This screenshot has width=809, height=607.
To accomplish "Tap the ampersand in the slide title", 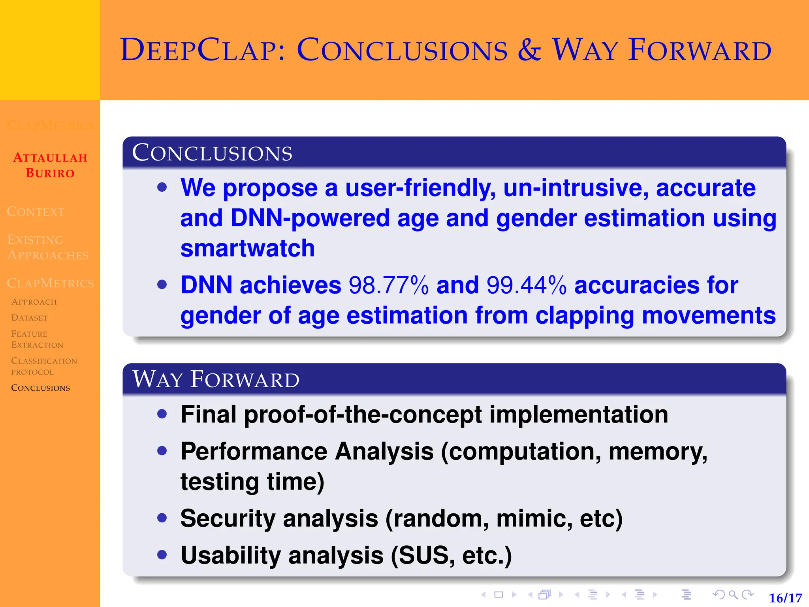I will click(529, 50).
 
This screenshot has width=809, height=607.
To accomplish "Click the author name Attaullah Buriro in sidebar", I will click(50, 165).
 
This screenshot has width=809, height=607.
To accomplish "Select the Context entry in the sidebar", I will click(36, 212).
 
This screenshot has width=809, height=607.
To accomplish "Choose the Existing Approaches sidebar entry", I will click(48, 247).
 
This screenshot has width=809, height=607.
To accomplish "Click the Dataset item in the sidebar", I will click(30, 318).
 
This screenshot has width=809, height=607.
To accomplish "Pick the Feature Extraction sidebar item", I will click(37, 339).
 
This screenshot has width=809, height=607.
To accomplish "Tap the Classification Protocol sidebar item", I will click(44, 366).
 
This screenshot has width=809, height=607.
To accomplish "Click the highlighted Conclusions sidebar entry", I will click(40, 388).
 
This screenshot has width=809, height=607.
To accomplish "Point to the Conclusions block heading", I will click(212, 153).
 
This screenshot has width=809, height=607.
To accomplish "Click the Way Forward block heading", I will click(216, 379).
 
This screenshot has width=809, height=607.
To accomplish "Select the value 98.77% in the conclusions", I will click(388, 285).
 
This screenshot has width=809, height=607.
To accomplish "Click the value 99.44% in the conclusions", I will click(526, 285).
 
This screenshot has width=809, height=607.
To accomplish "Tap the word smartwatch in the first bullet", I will click(248, 249).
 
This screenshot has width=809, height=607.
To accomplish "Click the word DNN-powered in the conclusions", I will click(310, 218).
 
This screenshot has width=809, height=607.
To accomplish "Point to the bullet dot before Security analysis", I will click(162, 518).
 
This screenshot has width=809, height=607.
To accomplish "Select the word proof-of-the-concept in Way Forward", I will click(363, 415).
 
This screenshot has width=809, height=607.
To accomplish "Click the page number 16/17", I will click(785, 598).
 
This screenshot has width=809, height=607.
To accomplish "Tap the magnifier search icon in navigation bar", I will click(733, 594).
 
